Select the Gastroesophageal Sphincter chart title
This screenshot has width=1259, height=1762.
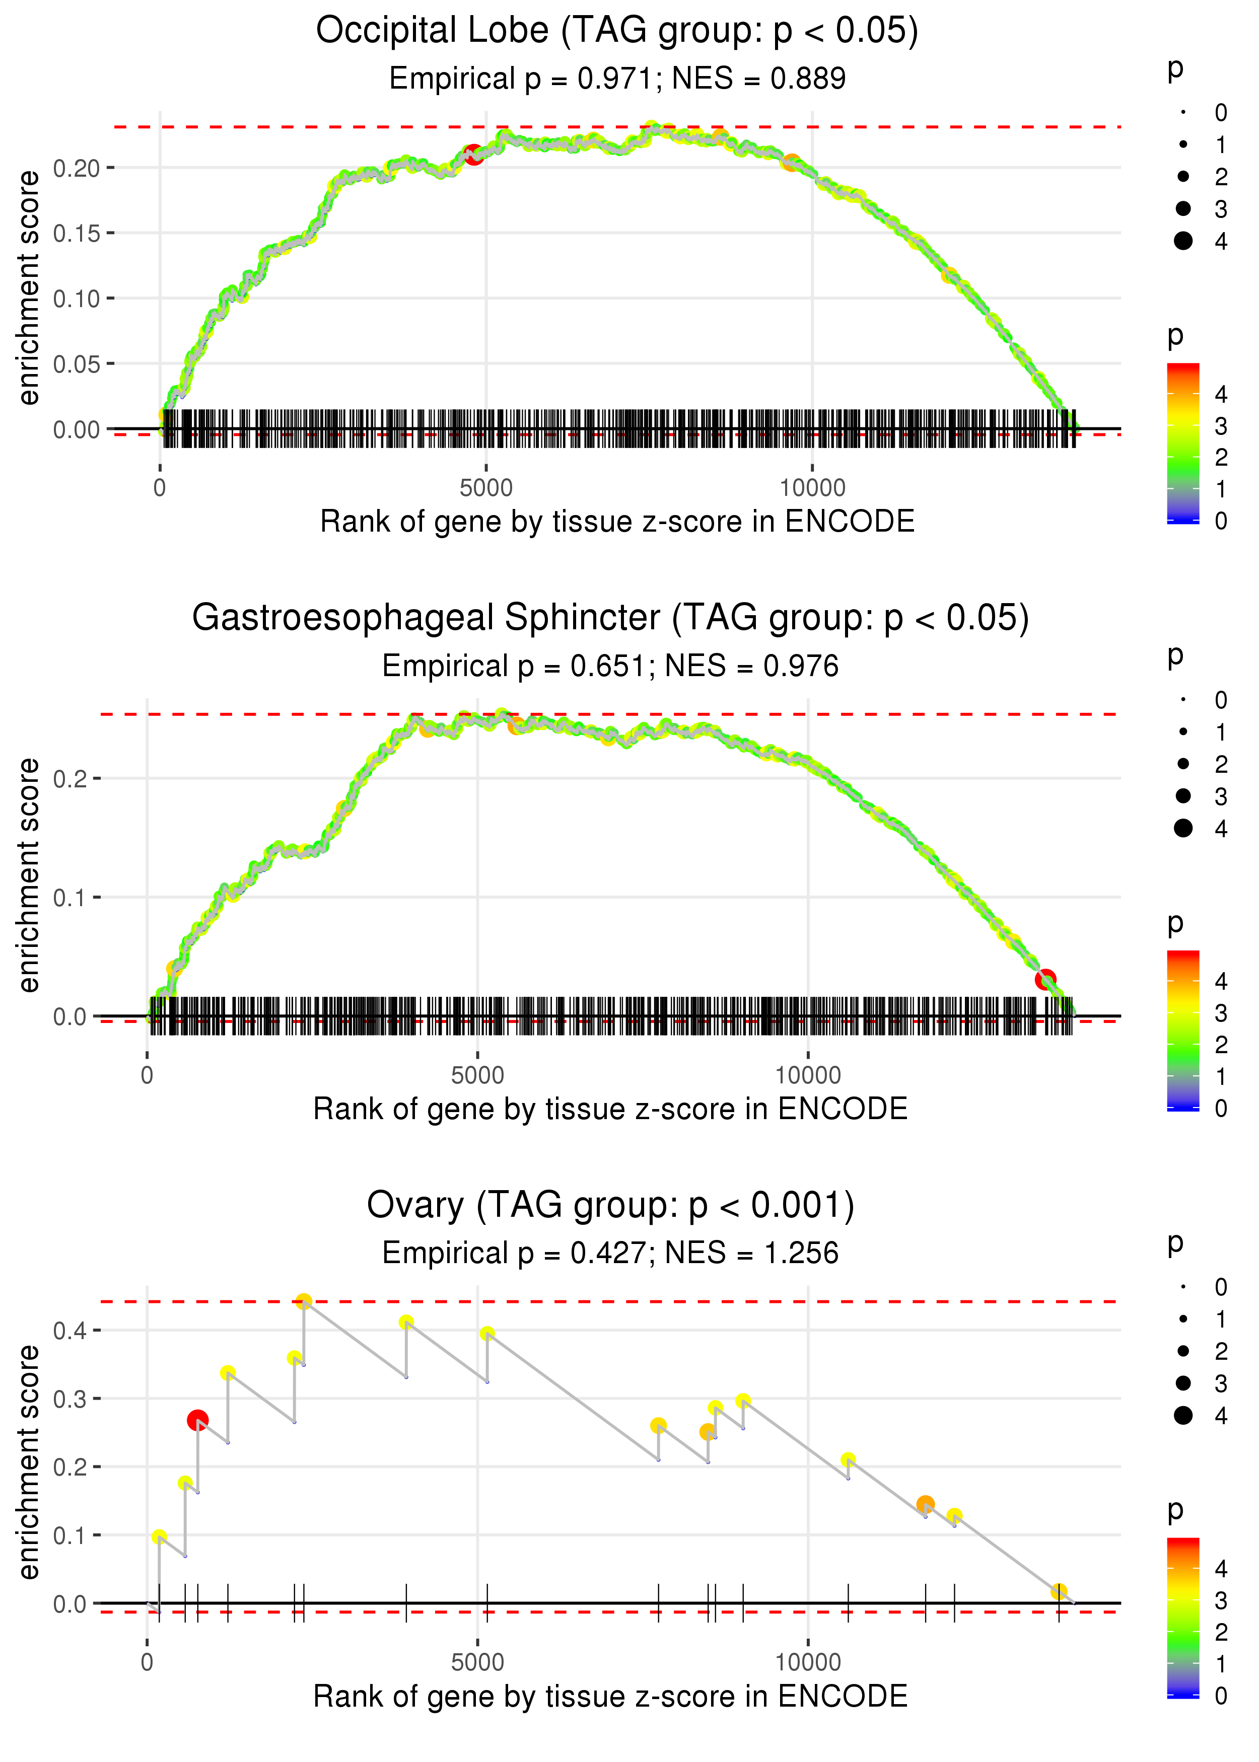pyautogui.click(x=610, y=618)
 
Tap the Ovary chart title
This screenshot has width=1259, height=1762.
pyautogui.click(x=610, y=1206)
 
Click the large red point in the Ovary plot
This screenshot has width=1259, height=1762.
pyautogui.click(x=198, y=1420)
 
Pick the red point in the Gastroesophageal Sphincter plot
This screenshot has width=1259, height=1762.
pyautogui.click(x=1045, y=979)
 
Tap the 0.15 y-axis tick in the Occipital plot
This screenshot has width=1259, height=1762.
pyautogui.click(x=78, y=233)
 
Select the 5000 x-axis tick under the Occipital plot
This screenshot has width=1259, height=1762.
pyautogui.click(x=486, y=488)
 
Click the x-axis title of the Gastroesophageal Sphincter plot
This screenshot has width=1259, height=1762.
pyautogui.click(x=610, y=1109)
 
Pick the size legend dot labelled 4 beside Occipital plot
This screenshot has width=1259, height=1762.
pyautogui.click(x=1183, y=241)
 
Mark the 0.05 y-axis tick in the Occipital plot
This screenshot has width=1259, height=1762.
pyautogui.click(x=78, y=364)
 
